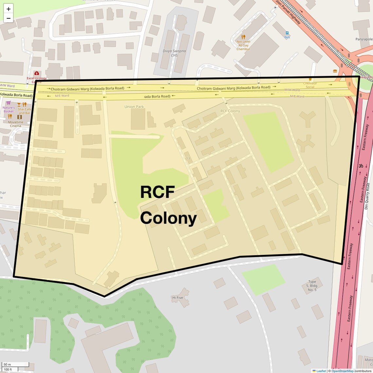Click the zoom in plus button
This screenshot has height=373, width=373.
point(9,9)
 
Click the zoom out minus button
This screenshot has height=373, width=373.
point(9,18)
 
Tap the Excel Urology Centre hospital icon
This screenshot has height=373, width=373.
point(37,73)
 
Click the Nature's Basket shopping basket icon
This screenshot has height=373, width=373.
point(9,103)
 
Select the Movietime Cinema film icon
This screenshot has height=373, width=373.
point(20,113)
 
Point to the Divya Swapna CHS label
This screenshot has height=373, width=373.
point(174,53)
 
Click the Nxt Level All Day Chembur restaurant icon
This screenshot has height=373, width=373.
point(243,37)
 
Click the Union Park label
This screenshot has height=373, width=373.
point(134,107)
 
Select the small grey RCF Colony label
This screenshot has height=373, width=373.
point(230,111)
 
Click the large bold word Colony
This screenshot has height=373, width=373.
point(169,218)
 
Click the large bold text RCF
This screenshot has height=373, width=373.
point(157,192)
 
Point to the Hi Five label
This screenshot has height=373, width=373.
point(178,298)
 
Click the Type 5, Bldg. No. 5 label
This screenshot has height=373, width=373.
point(312,286)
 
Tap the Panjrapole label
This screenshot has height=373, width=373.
point(364,39)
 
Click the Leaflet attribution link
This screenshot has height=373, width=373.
point(321,371)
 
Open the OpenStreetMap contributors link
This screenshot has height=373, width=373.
point(343,371)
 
